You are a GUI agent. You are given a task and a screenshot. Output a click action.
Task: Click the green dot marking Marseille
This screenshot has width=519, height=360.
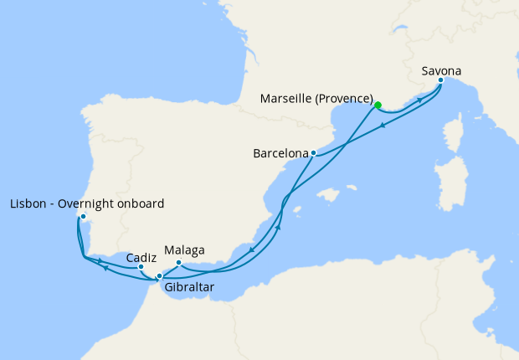click(378, 105)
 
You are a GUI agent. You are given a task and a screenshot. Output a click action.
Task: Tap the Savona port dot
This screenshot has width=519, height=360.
click(440, 80)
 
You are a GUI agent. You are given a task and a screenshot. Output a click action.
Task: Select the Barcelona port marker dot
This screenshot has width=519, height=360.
click(312, 153)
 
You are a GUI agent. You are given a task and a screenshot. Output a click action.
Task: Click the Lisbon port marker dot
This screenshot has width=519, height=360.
click(83, 217)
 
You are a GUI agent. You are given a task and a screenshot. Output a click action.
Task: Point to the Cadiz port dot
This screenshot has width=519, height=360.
click(141, 267)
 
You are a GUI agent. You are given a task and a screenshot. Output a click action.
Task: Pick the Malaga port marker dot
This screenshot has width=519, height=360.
click(178, 263)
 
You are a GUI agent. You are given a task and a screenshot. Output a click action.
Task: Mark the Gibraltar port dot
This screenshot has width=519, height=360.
click(159, 275)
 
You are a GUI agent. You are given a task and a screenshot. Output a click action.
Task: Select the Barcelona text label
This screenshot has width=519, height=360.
click(280, 154)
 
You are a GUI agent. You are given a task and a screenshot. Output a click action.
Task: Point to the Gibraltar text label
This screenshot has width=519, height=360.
click(189, 287)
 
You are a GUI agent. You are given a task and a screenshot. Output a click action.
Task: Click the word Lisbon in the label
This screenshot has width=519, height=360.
click(28, 203)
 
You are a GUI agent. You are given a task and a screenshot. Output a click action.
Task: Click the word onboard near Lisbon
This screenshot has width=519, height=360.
click(141, 203)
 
